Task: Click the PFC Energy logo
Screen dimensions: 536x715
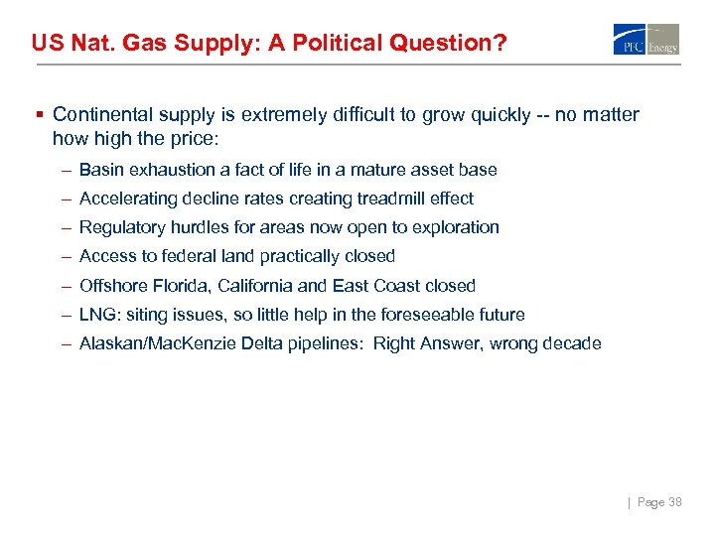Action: click(646, 40)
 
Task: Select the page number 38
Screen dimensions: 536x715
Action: click(673, 502)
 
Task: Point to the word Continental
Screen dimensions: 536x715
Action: click(101, 115)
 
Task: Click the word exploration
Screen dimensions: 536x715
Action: click(458, 227)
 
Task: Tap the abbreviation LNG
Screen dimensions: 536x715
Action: click(96, 315)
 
